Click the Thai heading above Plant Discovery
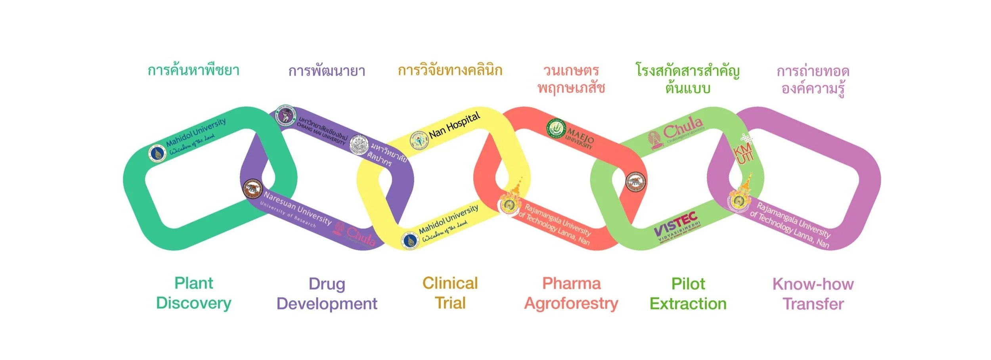(193, 71)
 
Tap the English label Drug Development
(327, 294)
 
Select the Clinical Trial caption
(450, 293)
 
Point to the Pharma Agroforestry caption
(571, 293)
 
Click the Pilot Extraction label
(688, 294)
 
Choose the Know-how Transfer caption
(813, 294)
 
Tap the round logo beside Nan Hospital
(419, 140)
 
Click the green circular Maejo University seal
(556, 128)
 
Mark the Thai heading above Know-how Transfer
(813, 79)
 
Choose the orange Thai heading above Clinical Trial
(450, 71)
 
